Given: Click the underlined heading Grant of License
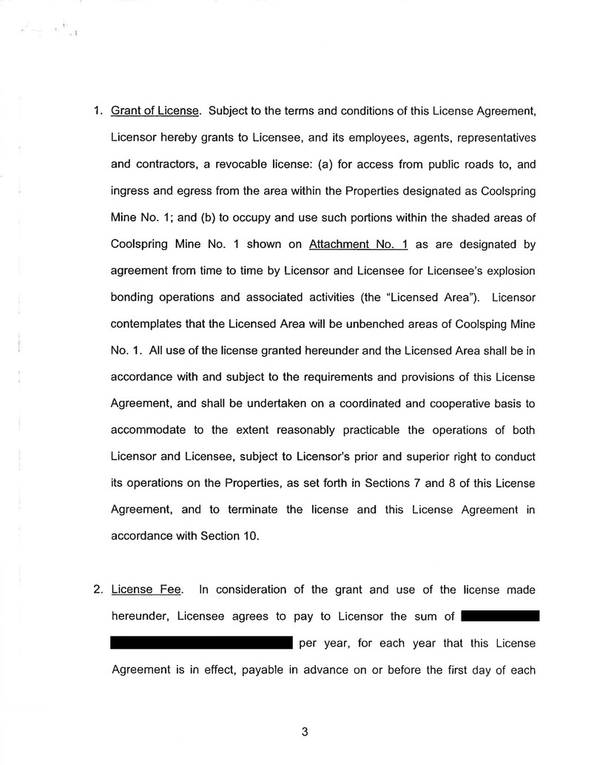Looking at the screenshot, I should [155, 112].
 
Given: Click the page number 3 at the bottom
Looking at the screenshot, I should [304, 732].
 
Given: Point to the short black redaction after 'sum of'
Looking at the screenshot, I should [499, 616].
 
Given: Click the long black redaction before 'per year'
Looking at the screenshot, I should [201, 643].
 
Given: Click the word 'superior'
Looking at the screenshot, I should [380, 457].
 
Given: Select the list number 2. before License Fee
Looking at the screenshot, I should [98, 590].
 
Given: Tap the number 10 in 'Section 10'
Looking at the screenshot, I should [251, 536].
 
